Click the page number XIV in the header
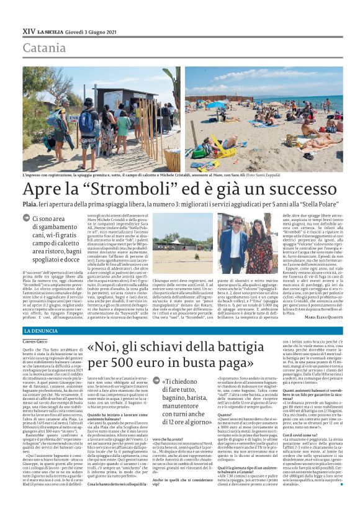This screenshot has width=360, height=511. tap(29, 31)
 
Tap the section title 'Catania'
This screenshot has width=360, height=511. tap(44, 48)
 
